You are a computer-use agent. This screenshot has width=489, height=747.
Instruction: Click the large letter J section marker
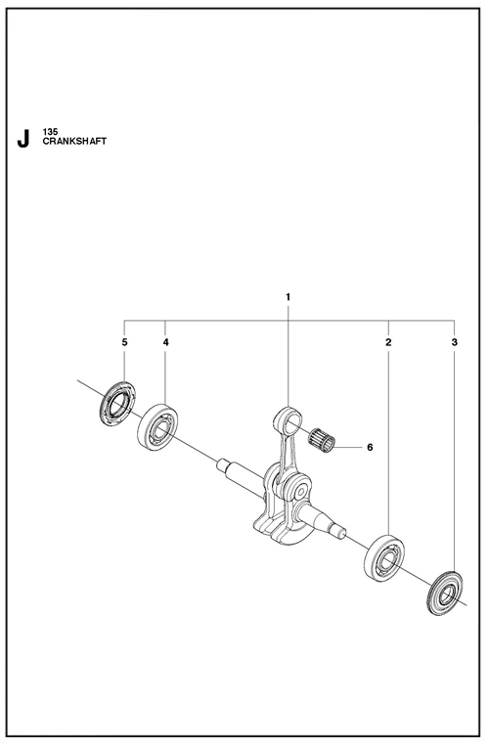(22, 139)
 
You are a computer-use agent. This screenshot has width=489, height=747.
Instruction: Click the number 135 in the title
(50, 133)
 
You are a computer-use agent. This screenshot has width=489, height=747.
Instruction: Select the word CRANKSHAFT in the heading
(74, 142)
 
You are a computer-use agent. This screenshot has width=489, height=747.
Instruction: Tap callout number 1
(288, 297)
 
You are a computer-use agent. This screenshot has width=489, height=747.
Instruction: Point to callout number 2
(388, 342)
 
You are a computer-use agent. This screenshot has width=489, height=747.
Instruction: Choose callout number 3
(454, 342)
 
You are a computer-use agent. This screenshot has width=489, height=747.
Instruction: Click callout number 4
(165, 342)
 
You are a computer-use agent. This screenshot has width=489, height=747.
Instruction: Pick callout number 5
(124, 342)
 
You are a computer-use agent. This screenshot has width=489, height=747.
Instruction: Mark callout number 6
(370, 448)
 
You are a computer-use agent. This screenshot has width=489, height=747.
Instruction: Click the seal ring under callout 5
(117, 404)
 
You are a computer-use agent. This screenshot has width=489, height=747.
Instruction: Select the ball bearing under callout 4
(157, 427)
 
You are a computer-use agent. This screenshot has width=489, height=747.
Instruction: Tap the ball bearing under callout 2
(384, 558)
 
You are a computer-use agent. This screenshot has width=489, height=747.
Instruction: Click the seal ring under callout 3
(445, 593)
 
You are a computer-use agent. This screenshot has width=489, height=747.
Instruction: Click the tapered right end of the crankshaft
(328, 521)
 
